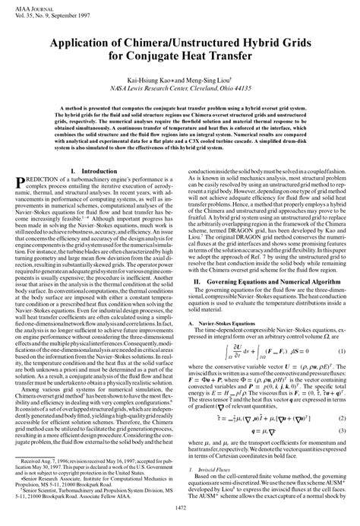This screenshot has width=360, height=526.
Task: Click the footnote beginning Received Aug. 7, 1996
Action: [95, 464]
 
